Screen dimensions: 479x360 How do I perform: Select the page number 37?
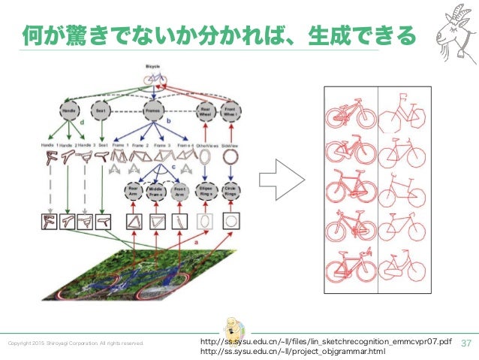tap(465, 342)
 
